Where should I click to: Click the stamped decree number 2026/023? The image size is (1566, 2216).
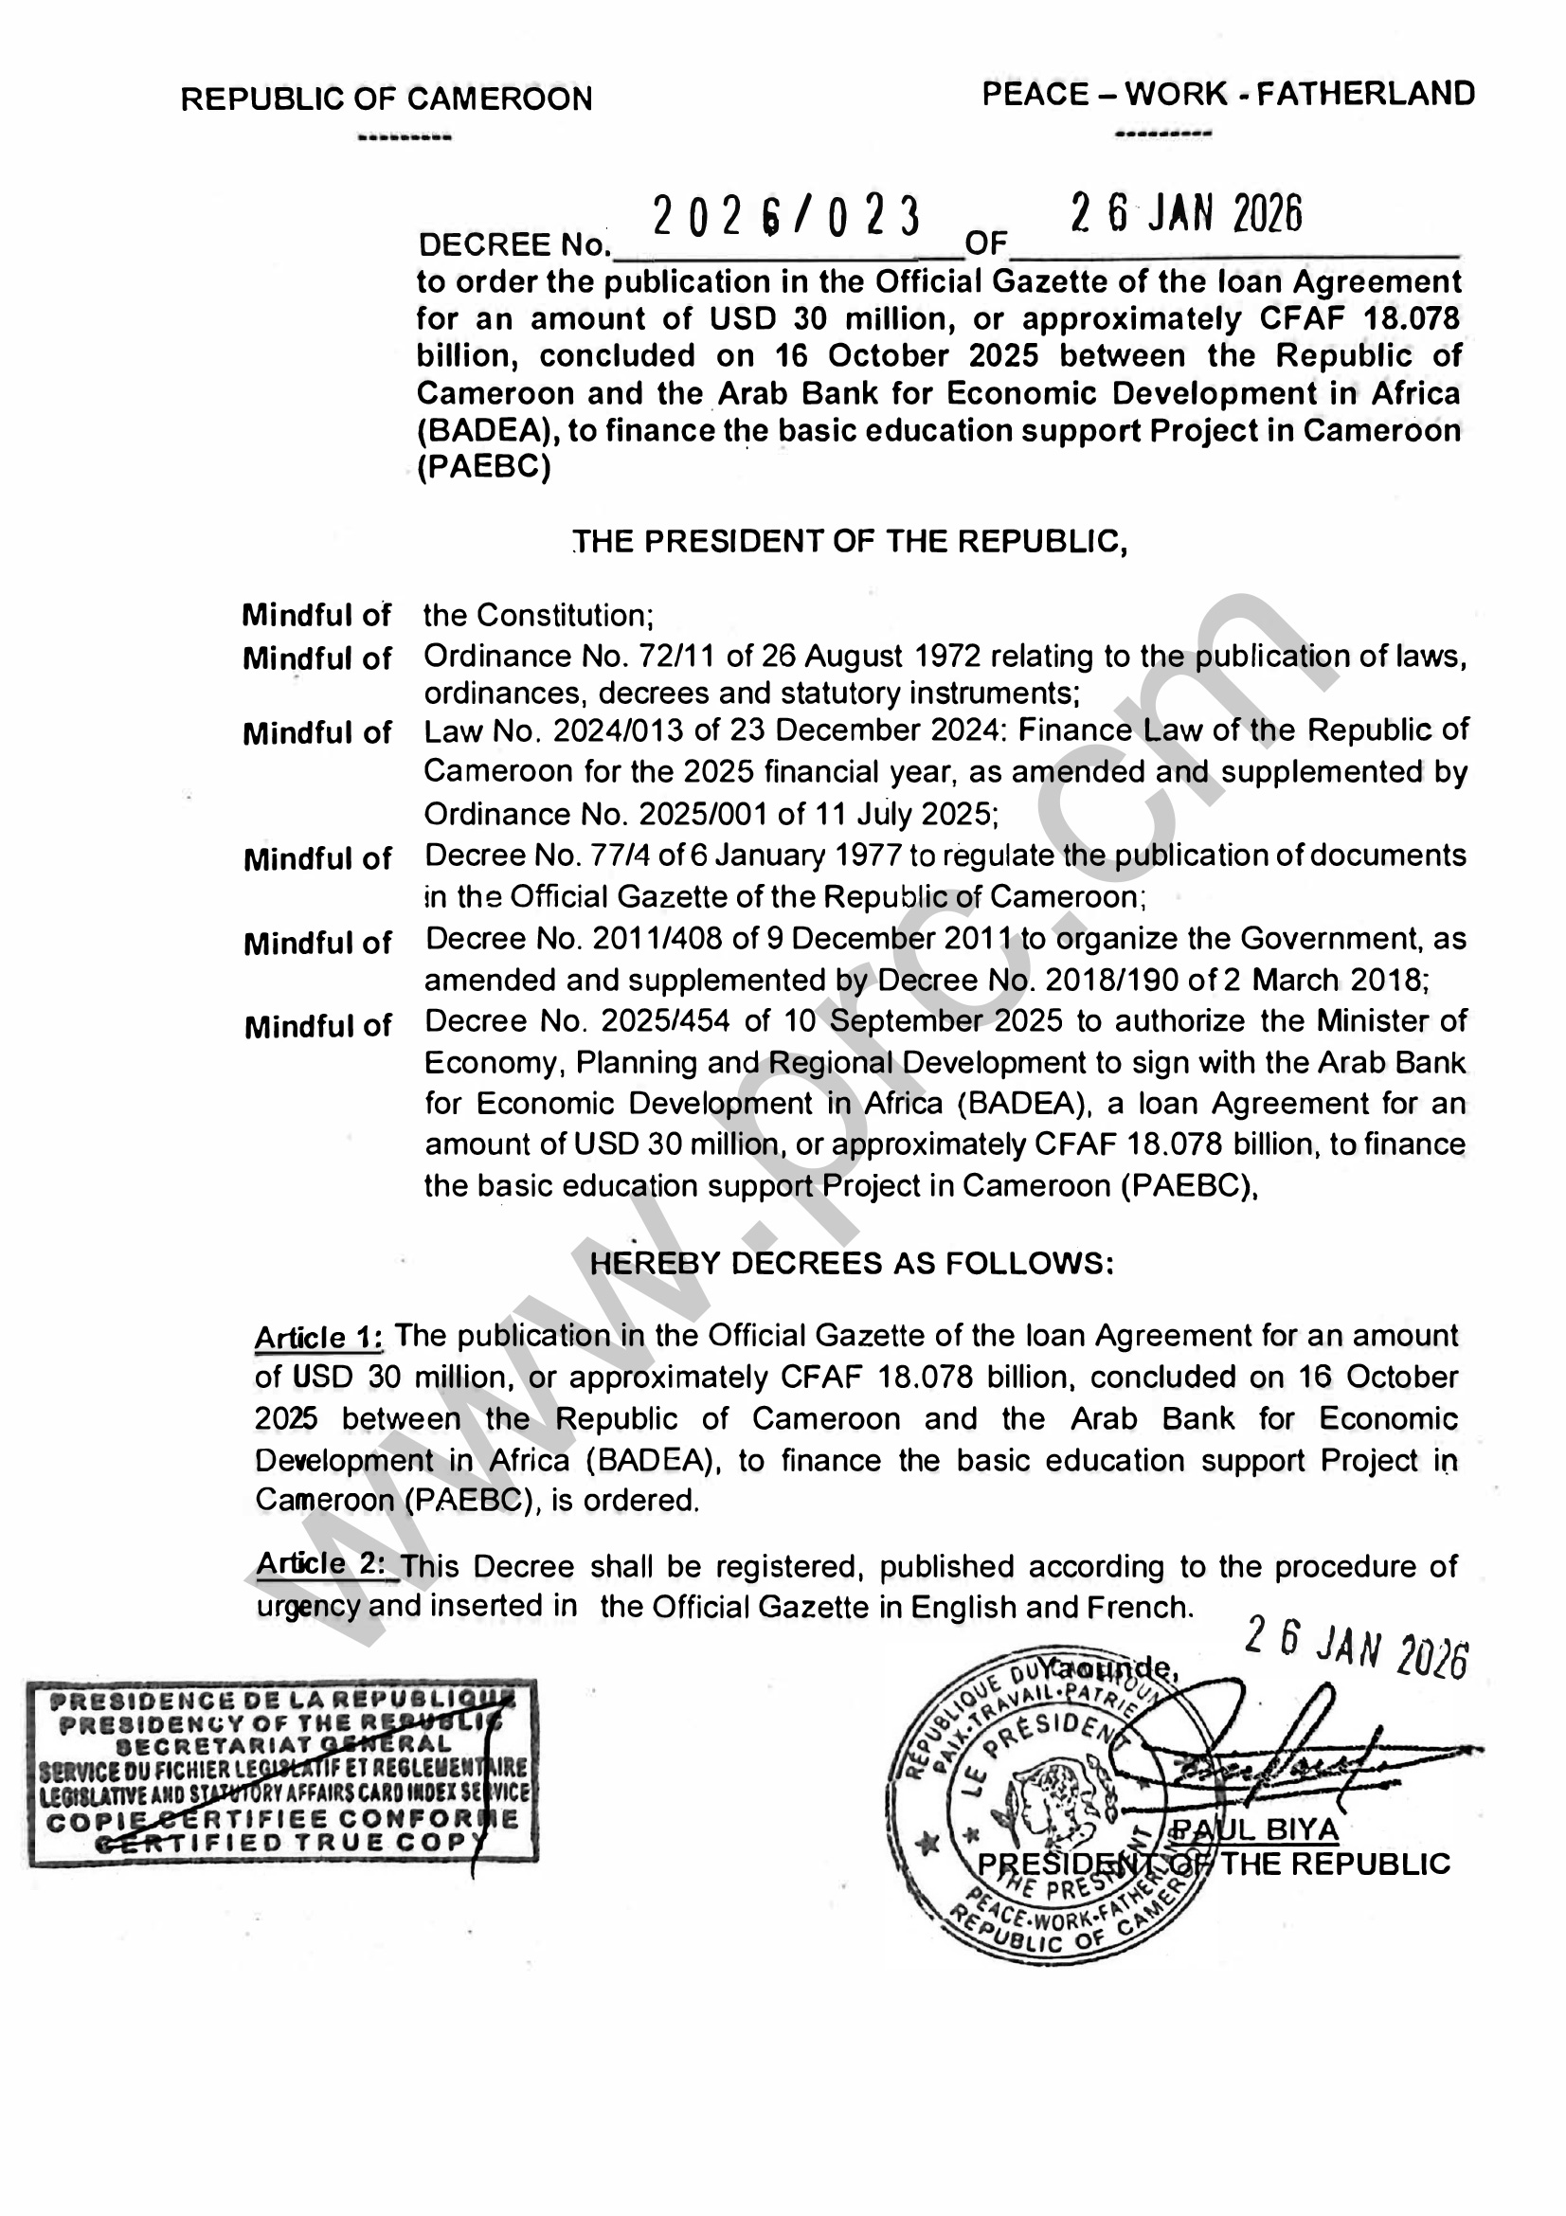[x=786, y=216]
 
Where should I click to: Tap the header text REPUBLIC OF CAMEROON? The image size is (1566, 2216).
[x=387, y=99]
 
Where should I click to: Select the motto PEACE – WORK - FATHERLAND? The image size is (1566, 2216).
[x=1229, y=95]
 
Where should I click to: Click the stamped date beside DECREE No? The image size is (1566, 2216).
[x=1186, y=214]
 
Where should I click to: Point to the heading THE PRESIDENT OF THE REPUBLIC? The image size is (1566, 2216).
[x=851, y=542]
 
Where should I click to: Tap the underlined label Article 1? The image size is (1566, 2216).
[x=319, y=1338]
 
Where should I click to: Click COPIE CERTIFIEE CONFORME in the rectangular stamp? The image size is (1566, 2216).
[x=282, y=1821]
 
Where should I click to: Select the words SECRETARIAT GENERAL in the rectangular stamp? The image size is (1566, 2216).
[x=282, y=1745]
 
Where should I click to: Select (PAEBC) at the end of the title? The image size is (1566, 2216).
[x=483, y=468]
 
